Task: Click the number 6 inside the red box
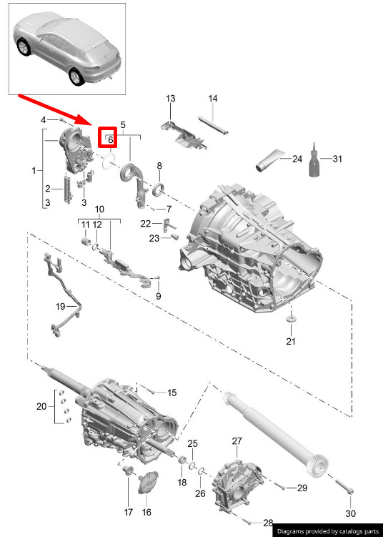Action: click(x=110, y=139)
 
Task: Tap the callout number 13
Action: click(x=171, y=99)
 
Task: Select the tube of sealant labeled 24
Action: click(x=270, y=160)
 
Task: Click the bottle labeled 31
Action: click(x=314, y=160)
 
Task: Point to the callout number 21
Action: click(x=291, y=341)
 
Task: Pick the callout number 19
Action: click(x=60, y=306)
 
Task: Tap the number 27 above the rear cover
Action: click(x=237, y=441)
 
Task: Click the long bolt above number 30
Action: click(x=344, y=486)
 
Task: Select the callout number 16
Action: click(x=146, y=513)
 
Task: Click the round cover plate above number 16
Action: click(x=148, y=483)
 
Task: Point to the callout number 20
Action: click(x=41, y=407)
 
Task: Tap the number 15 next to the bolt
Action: click(x=171, y=393)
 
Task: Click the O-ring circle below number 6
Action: click(x=109, y=161)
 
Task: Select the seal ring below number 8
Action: click(x=159, y=189)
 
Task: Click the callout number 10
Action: click(x=99, y=210)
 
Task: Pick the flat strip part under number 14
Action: click(x=213, y=126)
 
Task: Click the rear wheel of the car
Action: click(x=76, y=77)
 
